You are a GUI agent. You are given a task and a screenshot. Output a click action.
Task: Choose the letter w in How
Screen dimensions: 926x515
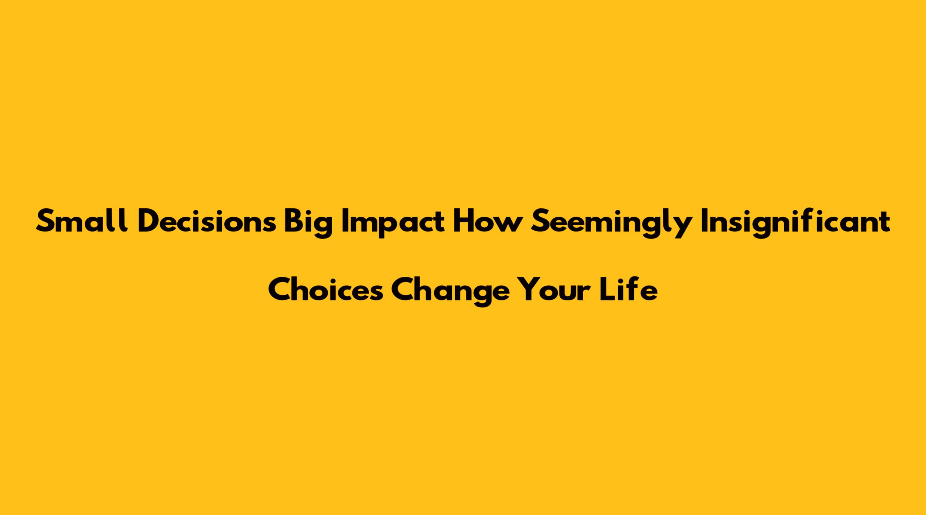pos(507,223)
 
